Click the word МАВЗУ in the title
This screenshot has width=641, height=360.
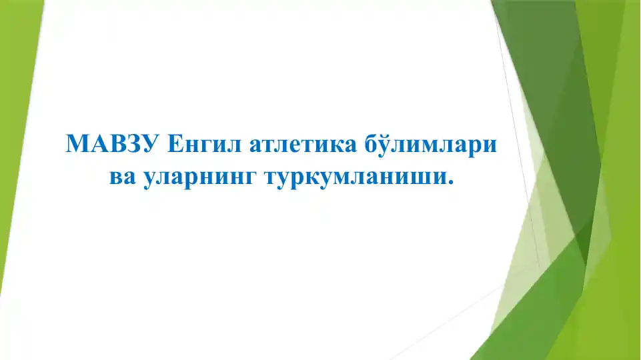(112, 144)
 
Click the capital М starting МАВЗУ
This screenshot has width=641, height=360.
(77, 144)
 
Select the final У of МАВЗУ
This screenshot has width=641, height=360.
(149, 144)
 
